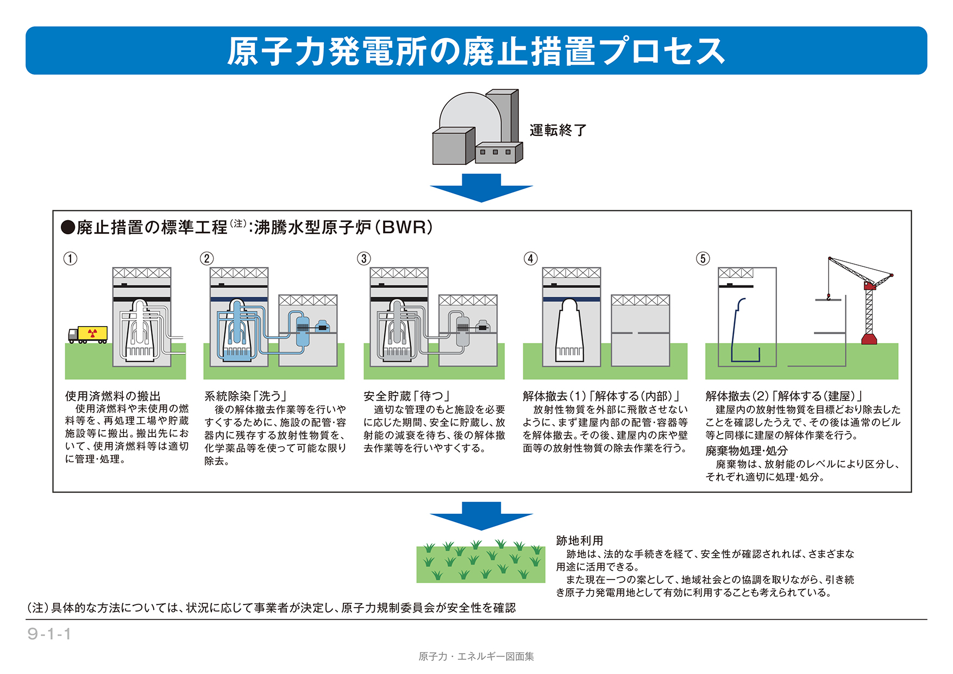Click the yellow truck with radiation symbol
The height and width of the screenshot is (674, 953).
[x=87, y=335]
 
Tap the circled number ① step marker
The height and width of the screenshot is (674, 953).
[x=71, y=258]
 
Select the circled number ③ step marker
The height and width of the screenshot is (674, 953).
[x=364, y=258]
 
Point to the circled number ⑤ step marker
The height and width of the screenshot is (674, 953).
[x=703, y=258]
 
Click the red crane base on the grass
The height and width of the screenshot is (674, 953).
[x=869, y=340]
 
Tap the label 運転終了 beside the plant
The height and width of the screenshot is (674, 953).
[x=558, y=130]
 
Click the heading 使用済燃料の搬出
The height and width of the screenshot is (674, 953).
[x=112, y=396]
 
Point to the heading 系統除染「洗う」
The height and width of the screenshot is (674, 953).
[x=245, y=396]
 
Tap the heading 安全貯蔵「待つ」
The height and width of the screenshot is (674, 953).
[x=406, y=396]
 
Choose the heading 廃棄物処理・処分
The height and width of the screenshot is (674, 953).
[x=747, y=451]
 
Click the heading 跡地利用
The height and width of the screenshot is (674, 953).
[x=580, y=541]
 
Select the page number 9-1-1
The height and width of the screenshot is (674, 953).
[x=49, y=634]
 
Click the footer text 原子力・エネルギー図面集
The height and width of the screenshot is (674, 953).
[x=476, y=657]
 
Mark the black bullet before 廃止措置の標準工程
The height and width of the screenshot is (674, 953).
[x=68, y=227]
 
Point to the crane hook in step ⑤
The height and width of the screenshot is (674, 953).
[x=829, y=296]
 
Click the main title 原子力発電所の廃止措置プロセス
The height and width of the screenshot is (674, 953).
[x=476, y=51]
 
